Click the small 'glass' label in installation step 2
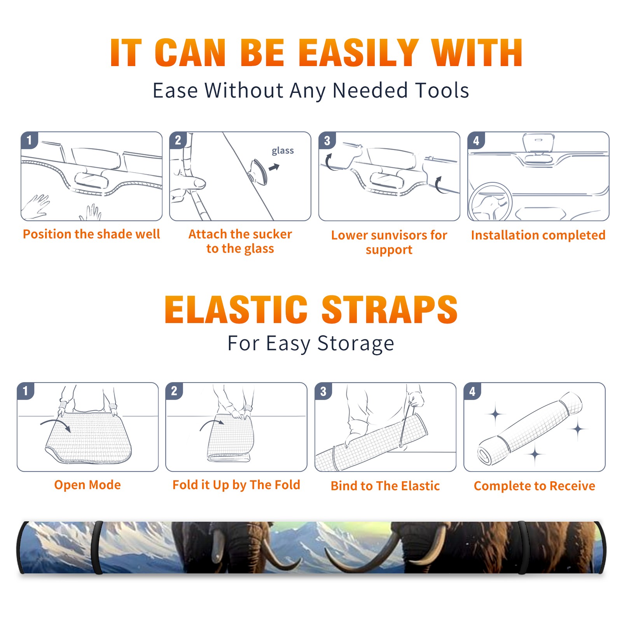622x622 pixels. (283, 151)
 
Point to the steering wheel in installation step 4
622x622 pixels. (490, 202)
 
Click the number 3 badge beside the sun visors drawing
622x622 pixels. (327, 140)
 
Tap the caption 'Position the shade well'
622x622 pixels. (91, 234)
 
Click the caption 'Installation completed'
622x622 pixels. (538, 235)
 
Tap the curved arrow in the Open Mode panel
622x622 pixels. (56, 425)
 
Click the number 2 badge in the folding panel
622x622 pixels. (174, 391)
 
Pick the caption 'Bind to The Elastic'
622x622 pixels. (385, 486)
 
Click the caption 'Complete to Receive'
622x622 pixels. (535, 486)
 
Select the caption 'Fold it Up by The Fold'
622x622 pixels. (236, 485)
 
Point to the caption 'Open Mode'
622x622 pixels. (87, 485)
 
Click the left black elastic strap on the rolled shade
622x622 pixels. (97, 547)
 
